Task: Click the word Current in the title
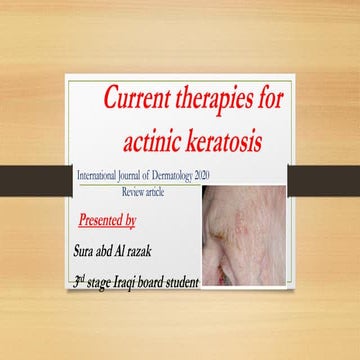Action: click(141, 100)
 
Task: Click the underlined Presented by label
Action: click(106, 217)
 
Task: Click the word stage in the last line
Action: click(102, 283)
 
